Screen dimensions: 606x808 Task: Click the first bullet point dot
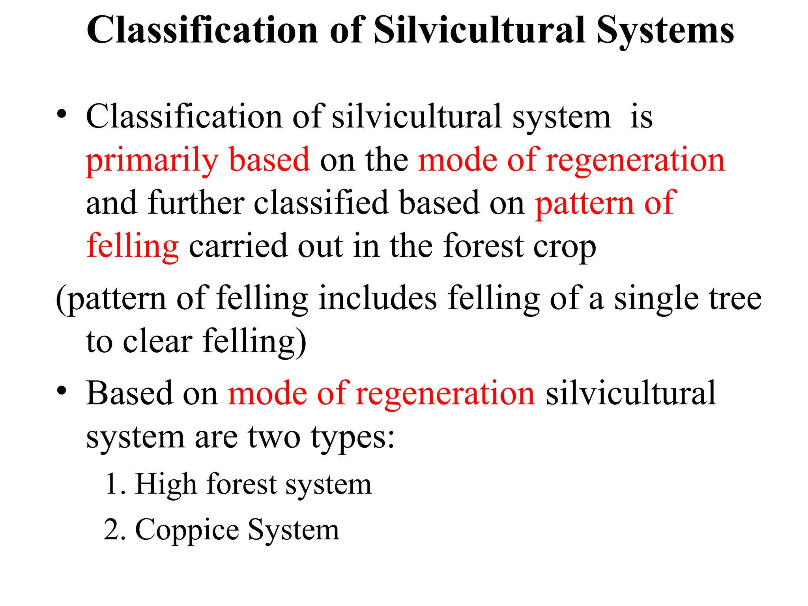click(62, 114)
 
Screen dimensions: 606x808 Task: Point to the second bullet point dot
click(62, 391)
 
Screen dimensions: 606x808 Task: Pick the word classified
click(321, 203)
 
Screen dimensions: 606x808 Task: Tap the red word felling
click(133, 247)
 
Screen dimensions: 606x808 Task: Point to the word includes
click(378, 298)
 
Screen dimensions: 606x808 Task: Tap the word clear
click(157, 341)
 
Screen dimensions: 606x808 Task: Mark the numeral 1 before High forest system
click(112, 484)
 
